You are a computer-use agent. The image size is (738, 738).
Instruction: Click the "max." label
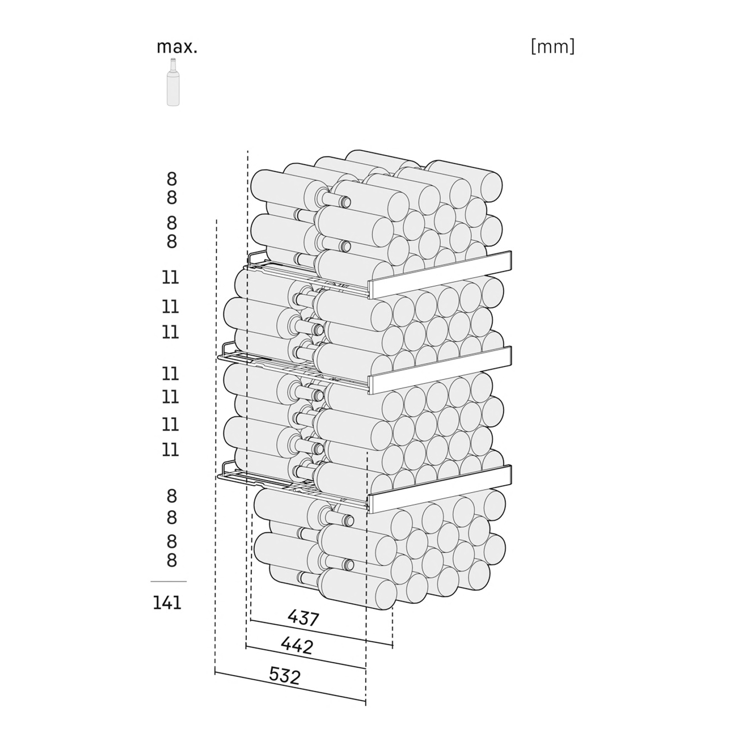pyautogui.click(x=177, y=47)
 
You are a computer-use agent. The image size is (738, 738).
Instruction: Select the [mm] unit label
pyautogui.click(x=553, y=46)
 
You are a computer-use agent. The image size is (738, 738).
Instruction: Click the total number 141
pyautogui.click(x=167, y=603)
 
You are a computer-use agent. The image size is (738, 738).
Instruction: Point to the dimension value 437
pyautogui.click(x=303, y=618)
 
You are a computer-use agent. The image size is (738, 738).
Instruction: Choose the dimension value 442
pyautogui.click(x=297, y=646)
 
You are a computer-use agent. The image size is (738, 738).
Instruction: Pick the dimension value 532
pyautogui.click(x=285, y=676)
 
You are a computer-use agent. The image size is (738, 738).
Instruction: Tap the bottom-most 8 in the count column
pyautogui.click(x=172, y=560)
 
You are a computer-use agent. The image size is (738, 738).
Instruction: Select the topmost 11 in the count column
pyautogui.click(x=171, y=277)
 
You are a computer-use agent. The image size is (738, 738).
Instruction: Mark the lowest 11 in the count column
pyautogui.click(x=171, y=450)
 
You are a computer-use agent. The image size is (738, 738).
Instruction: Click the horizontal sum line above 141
pyautogui.click(x=169, y=581)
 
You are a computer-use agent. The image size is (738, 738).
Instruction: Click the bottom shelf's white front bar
pyautogui.click(x=440, y=489)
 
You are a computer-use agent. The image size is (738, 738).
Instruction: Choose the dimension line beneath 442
pyautogui.click(x=306, y=658)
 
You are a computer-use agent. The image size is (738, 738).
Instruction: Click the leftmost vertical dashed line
pyautogui.click(x=215, y=446)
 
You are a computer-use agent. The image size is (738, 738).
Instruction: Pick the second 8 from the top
pyautogui.click(x=172, y=198)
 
